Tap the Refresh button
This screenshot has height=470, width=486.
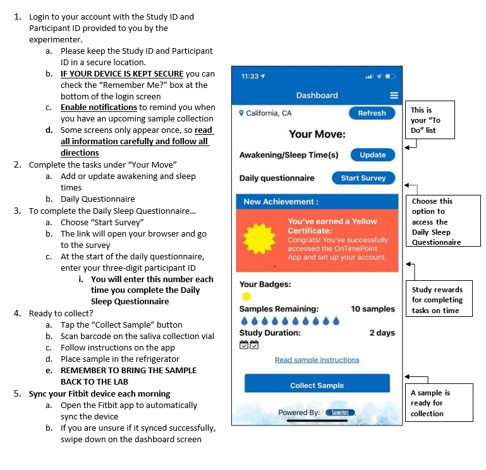pos(372,113)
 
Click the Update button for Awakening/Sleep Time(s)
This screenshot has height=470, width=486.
pos(373,155)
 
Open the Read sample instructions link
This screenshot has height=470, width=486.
pos(317,360)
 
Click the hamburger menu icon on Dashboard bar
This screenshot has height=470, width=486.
pos(394,96)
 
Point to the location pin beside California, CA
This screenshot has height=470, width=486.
pos(241,113)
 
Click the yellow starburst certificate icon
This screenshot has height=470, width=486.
pos(259,239)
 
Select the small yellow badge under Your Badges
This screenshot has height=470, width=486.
pos(246,297)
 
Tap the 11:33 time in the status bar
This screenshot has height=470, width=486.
pos(250,77)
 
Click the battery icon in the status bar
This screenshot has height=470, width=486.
pos(390,77)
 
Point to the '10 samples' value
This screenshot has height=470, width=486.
pos(373,309)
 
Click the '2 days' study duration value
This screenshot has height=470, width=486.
pos(382,333)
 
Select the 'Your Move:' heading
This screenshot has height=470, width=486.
pos(317,134)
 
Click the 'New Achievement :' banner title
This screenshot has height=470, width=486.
pos(281,202)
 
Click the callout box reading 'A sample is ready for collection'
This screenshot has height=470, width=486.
pos(439,403)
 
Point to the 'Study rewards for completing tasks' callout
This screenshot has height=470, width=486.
pos(439,299)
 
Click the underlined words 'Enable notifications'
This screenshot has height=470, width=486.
pos(99,108)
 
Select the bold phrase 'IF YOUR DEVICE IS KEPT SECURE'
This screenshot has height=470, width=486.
pos(122,74)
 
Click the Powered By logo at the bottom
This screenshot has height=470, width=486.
pos(340,412)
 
